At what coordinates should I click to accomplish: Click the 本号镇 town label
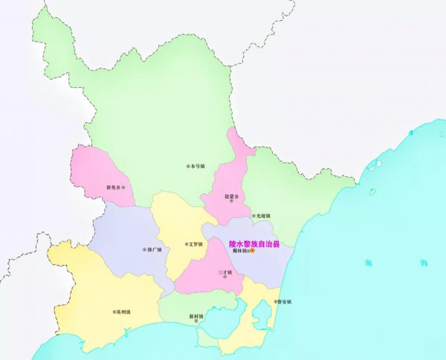point(198,166)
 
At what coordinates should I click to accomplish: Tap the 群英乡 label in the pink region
point(114,187)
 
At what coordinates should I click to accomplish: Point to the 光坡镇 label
point(263,216)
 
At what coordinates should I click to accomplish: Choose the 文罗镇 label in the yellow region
point(195,243)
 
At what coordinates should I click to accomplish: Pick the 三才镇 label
point(225,272)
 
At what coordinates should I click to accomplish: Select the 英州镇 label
point(124,312)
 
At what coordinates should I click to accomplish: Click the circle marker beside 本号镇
point(187,166)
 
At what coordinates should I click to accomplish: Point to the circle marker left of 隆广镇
point(143,250)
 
